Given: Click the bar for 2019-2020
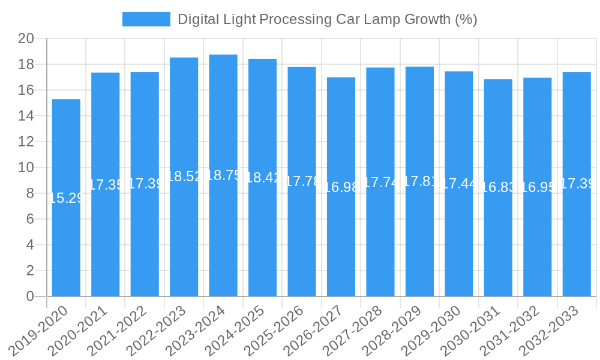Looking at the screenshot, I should pos(66,198).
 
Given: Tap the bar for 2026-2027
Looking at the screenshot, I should pos(341,187).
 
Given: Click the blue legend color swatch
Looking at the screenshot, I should pos(146,19).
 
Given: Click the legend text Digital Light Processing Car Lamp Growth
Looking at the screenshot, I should pos(327,19).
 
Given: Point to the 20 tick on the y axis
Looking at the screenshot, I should pos(26,39).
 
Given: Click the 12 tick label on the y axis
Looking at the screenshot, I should pos(26,142).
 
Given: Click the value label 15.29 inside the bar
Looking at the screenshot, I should pos(66,198).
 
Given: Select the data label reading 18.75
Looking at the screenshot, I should pos(223,175).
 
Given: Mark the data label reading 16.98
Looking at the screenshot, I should pos(341,187).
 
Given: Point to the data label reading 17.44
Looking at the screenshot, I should pos(459,184).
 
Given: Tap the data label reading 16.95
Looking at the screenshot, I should pos(538,187).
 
